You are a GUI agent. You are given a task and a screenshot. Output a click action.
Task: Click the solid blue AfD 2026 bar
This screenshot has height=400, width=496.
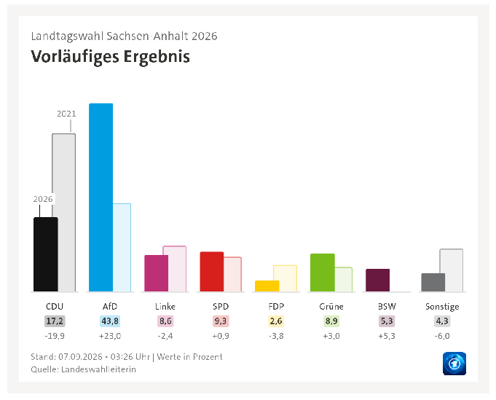click(101, 197)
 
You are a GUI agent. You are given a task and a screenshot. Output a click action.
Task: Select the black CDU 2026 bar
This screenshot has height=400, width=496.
click(46, 254)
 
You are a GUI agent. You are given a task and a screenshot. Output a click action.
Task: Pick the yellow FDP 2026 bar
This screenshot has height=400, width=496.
click(267, 286)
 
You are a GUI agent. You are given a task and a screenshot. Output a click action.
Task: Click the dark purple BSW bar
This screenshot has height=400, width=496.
click(378, 280)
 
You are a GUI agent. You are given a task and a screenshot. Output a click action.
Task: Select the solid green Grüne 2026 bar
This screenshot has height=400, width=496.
click(323, 272)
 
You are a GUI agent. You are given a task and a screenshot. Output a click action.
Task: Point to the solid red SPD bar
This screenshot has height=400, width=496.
click(212, 272)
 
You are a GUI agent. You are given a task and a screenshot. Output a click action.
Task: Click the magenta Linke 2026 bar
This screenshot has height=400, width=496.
click(157, 273)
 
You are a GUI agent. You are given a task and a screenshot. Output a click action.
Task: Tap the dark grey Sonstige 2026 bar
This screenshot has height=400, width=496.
click(433, 282)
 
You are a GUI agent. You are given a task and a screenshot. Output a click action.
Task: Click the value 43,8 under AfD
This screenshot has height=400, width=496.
click(110, 321)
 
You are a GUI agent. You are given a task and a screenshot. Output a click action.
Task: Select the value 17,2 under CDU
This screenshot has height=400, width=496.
click(55, 321)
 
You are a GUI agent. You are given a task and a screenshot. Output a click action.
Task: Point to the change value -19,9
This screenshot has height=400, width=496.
click(55, 336)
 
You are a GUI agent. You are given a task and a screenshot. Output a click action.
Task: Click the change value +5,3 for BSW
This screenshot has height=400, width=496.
click(387, 336)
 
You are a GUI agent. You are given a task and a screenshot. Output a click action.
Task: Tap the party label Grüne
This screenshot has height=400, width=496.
click(331, 307)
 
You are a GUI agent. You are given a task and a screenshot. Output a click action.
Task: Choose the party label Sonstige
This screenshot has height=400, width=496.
click(442, 307)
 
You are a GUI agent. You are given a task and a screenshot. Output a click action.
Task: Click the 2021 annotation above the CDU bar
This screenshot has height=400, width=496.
click(66, 114)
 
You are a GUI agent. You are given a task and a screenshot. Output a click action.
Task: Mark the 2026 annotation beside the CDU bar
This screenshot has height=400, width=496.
click(43, 199)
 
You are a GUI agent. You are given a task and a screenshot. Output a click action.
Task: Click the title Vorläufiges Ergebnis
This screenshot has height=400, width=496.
click(111, 57)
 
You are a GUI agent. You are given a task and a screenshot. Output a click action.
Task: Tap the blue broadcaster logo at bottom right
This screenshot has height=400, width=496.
click(454, 364)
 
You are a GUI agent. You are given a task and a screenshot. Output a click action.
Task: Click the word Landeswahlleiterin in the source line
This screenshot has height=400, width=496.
click(99, 369)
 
